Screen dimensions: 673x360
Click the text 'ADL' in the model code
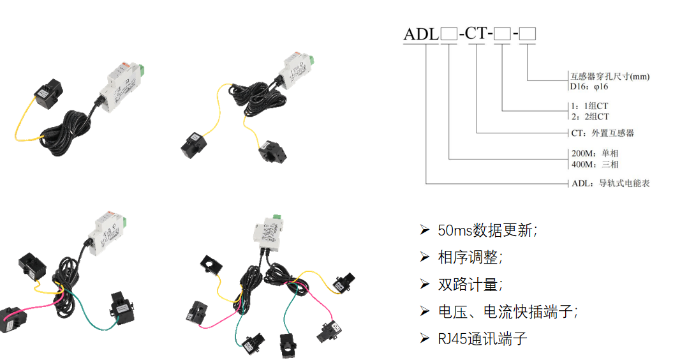pos(421,34)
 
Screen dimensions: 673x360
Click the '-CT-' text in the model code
pos(475,33)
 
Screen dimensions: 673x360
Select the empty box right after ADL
pos(449,34)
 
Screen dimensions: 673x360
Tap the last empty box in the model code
pos(528,34)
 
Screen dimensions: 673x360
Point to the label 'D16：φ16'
pos(589,87)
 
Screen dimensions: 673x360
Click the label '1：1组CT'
pos(589,106)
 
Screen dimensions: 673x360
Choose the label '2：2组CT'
pos(590,116)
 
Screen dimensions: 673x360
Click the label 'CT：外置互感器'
pos(603,133)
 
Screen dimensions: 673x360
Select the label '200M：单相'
pos(595,153)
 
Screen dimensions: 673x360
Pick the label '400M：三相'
pos(595,164)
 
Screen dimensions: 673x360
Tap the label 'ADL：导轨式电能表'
pos(610,183)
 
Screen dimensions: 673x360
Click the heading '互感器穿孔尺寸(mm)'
pos(610,77)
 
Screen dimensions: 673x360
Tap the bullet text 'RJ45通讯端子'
pos(482,339)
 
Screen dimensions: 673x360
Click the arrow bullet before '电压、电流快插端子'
pos(424,311)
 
